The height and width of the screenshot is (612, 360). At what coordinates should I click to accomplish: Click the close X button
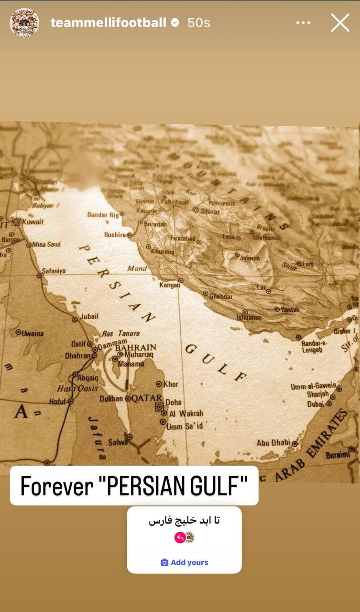pyautogui.click(x=340, y=22)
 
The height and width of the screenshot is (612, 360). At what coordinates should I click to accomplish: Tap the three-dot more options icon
pyautogui.click(x=303, y=22)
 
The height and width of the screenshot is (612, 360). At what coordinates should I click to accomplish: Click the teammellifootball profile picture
pyautogui.click(x=24, y=22)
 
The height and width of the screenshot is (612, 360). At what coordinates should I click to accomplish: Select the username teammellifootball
pyautogui.click(x=109, y=22)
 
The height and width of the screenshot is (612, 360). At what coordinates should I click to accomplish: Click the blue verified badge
pyautogui.click(x=175, y=22)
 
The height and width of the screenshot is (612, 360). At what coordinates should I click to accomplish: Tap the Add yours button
pyautogui.click(x=185, y=562)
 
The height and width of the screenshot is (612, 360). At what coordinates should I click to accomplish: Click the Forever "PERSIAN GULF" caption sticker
pyautogui.click(x=134, y=486)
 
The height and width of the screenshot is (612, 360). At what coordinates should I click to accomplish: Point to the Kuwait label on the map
pyautogui.click(x=32, y=222)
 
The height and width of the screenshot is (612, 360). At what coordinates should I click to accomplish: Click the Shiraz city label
pyautogui.click(x=210, y=211)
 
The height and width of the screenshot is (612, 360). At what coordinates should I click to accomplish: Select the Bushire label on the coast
pyautogui.click(x=115, y=235)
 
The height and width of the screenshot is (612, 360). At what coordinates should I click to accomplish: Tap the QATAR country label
pyautogui.click(x=146, y=398)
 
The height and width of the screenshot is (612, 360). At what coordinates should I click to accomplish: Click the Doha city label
pyautogui.click(x=174, y=403)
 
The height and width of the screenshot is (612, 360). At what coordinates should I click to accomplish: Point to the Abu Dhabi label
pyautogui.click(x=273, y=443)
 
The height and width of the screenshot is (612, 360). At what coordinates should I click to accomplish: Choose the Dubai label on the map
pyautogui.click(x=316, y=404)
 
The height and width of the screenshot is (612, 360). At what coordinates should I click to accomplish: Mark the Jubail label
pyautogui.click(x=89, y=317)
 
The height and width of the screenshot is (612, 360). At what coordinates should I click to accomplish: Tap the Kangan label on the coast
pyautogui.click(x=170, y=285)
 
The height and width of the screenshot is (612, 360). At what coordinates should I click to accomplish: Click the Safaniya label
pyautogui.click(x=54, y=271)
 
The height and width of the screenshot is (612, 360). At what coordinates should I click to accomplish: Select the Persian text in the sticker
pyautogui.click(x=185, y=521)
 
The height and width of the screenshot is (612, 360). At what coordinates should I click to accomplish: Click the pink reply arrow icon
pyautogui.click(x=180, y=538)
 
